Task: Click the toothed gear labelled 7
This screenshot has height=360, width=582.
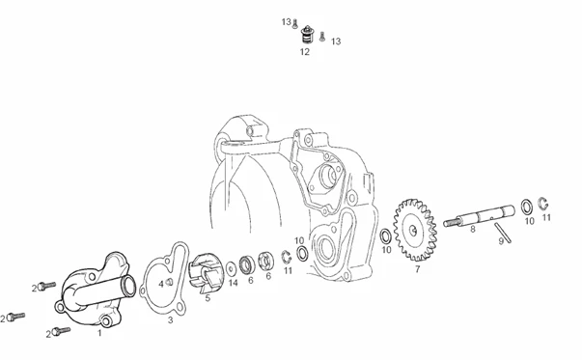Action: click(x=415, y=230)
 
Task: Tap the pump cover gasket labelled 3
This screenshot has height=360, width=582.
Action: click(x=164, y=279)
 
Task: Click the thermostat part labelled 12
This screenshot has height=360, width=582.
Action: click(x=307, y=35)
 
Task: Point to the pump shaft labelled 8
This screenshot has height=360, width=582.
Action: click(x=479, y=215)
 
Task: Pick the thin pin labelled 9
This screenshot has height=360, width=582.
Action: click(x=502, y=233)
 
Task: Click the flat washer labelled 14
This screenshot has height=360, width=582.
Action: click(x=232, y=268)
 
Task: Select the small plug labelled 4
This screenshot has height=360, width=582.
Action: click(x=169, y=282)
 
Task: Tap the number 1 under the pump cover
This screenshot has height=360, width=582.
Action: click(x=99, y=333)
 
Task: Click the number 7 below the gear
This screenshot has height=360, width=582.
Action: click(x=418, y=269)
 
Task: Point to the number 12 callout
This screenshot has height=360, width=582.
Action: click(x=305, y=52)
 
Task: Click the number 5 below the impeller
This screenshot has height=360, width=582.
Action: click(x=208, y=297)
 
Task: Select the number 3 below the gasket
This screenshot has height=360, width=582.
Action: click(x=171, y=319)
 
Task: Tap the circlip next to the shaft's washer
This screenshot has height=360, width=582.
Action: click(x=544, y=204)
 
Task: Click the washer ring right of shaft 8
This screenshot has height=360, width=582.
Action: click(x=527, y=207)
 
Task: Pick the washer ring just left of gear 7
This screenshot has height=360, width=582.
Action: click(x=386, y=236)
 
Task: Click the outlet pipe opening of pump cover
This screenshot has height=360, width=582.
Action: click(x=128, y=286)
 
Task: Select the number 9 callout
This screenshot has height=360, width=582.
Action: click(x=501, y=241)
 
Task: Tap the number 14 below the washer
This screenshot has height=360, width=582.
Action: click(x=233, y=283)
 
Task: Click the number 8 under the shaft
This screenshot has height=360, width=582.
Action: click(x=473, y=229)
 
